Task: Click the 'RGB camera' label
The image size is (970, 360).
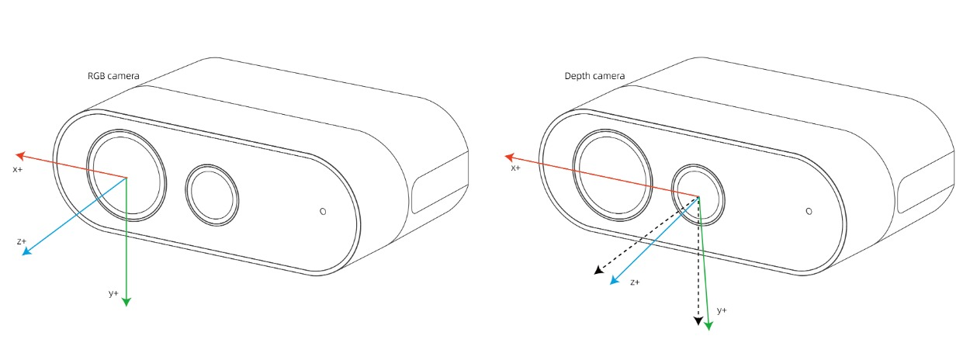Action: coord(113,76)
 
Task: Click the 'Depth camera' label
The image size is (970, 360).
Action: coord(594,76)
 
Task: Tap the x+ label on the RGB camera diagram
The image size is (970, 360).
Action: coord(18,169)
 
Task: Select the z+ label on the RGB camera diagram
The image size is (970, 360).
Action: coord(22,241)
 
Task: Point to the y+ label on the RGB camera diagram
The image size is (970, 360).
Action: coord(113,294)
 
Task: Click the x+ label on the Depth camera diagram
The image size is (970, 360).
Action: coord(515,168)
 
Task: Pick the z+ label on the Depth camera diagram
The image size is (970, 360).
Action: coord(635,282)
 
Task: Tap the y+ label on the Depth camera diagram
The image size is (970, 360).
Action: coord(722,310)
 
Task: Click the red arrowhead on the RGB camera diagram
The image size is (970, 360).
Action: coord(20,155)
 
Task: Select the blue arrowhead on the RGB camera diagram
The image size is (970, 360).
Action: coord(27,251)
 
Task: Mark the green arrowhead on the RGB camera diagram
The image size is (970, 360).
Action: coord(126,302)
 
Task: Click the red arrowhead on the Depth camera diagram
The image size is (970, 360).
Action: coord(510,157)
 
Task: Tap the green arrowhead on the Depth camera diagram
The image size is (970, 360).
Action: coord(708,326)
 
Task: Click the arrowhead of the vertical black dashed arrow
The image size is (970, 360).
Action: coord(698,320)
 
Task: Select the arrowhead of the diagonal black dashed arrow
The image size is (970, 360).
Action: coord(598,270)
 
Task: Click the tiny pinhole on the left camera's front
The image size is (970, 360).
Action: coord(323,211)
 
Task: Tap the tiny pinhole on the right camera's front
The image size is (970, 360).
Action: coord(809,211)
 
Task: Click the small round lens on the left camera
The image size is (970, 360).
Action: coord(212,195)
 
